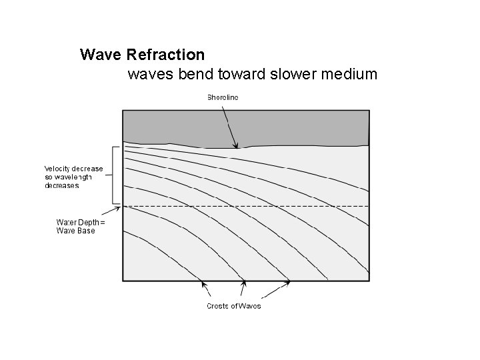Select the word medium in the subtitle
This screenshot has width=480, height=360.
pyautogui.click(x=349, y=73)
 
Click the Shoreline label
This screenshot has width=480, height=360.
pyautogui.click(x=222, y=97)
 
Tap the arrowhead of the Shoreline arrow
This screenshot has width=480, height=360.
pyautogui.click(x=235, y=146)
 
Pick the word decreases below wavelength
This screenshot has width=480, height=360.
pyautogui.click(x=61, y=186)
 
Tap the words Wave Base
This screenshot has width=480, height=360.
pyautogui.click(x=75, y=231)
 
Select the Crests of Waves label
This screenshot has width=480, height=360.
pyautogui.click(x=233, y=306)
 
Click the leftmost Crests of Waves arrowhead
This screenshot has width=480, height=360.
pyautogui.click(x=203, y=283)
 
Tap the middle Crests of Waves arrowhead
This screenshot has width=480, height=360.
pyautogui.click(x=244, y=283)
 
